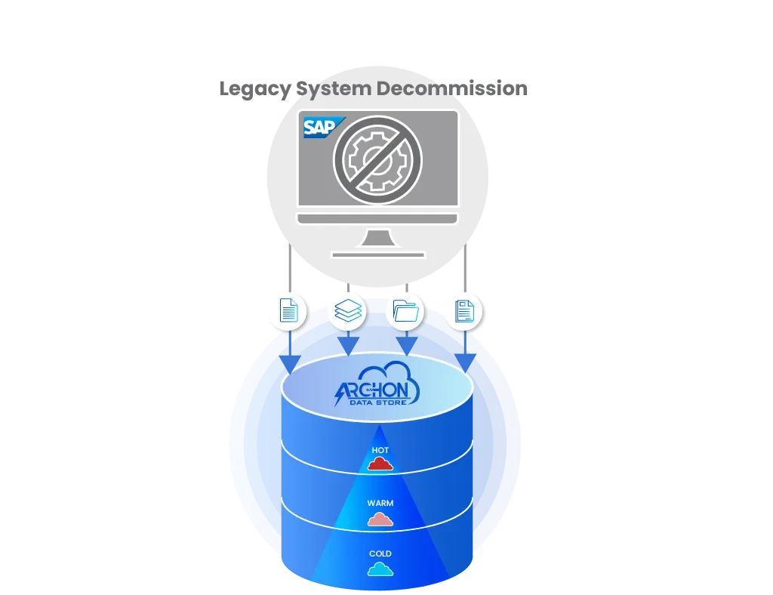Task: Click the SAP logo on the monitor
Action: [320, 128]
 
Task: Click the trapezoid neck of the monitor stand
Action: [377, 238]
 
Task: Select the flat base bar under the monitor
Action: [377, 255]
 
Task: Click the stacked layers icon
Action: [347, 310]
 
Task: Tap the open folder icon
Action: [405, 310]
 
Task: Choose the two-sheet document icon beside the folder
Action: [464, 310]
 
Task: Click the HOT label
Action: [380, 450]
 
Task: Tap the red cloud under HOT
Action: [380, 464]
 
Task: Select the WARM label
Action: [380, 503]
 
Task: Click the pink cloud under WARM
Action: [380, 519]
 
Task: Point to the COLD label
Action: [380, 554]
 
